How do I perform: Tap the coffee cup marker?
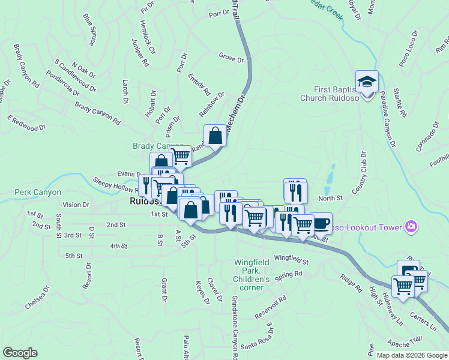pos(321,224)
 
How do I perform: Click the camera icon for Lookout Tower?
pos(412,227)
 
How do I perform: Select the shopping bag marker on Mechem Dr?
pos(215,136)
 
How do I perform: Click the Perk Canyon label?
pos(38,193)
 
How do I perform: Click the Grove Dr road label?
pos(232,59)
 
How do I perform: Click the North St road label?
pos(330,198)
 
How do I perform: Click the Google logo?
pos(20,353)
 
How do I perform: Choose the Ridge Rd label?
pos(351,282)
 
